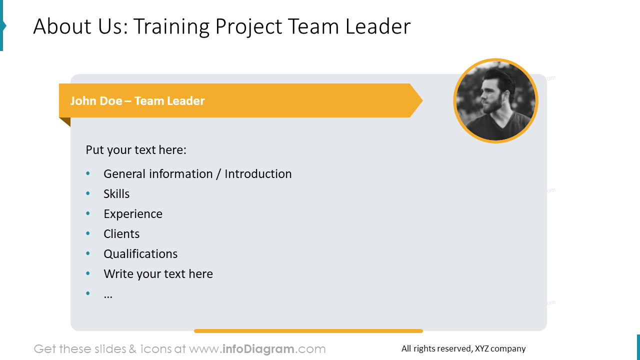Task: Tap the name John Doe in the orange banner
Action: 96,101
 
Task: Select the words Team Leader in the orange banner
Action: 169,101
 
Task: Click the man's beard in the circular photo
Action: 492,105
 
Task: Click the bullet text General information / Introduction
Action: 197,174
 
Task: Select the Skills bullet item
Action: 116,194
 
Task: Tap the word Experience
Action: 133,214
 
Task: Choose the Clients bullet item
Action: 121,234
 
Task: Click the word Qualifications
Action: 140,254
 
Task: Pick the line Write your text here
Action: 158,274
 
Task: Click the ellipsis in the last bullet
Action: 108,295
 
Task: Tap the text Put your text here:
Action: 136,150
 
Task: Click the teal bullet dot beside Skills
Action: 88,193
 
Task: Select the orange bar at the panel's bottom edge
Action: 308,331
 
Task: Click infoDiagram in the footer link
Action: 257,349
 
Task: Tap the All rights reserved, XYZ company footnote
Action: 463,349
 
